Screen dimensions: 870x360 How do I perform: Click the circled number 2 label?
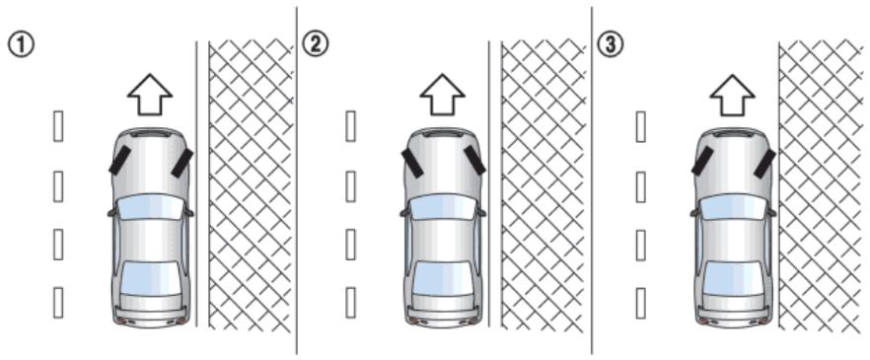click(316, 44)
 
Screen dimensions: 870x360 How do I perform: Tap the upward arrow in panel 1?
click(150, 95)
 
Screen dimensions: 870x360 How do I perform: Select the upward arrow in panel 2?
click(442, 95)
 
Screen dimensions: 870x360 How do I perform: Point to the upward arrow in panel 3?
click(732, 95)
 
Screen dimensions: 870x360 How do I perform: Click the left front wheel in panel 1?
click(120, 160)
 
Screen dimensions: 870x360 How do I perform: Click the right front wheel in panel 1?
click(181, 163)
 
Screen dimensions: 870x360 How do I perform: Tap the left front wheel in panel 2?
click(412, 163)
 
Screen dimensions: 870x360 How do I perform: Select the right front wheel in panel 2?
click(474, 160)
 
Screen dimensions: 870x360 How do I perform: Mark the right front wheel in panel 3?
click(764, 163)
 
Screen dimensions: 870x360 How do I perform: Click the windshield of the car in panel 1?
click(150, 207)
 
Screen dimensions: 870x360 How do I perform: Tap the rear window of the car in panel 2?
click(442, 278)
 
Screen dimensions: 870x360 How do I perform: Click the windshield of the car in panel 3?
click(732, 207)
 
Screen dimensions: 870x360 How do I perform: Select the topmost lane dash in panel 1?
click(57, 126)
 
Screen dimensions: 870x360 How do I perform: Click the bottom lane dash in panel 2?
click(350, 303)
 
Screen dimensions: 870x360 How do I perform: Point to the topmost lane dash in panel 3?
click(640, 126)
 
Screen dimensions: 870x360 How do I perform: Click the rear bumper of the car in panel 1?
click(150, 318)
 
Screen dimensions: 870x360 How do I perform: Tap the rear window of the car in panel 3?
click(732, 278)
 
